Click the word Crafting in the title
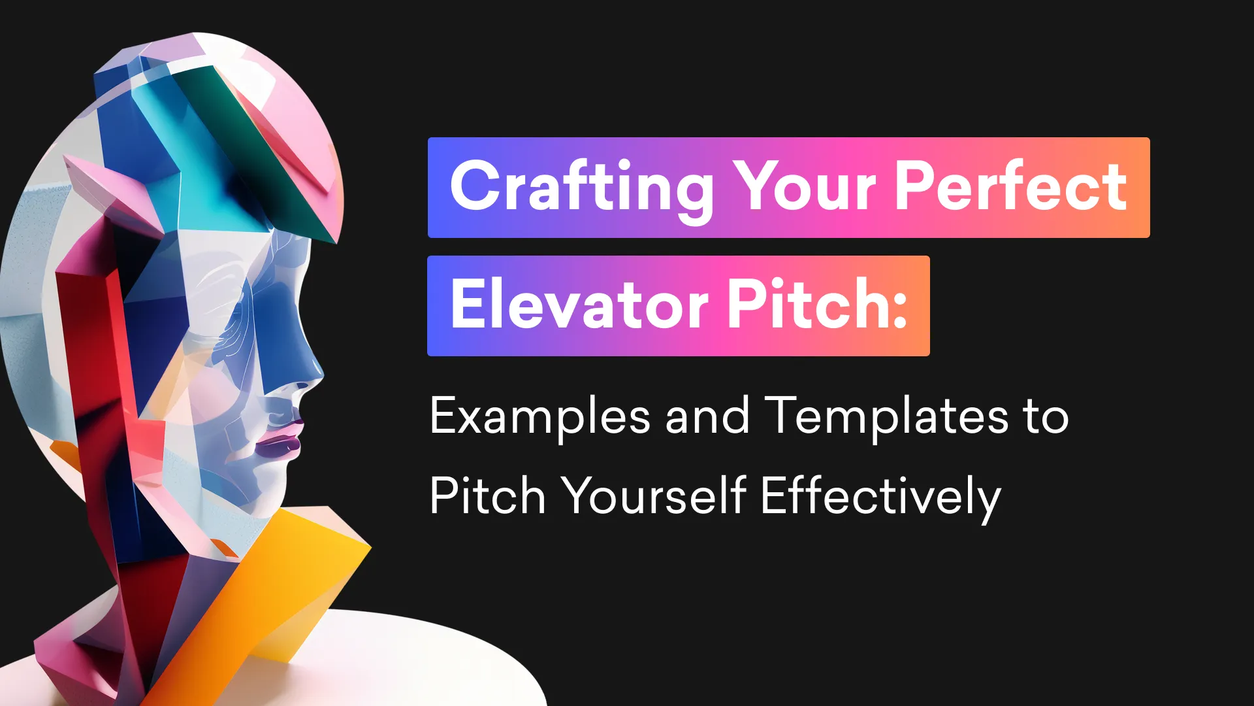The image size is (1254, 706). [581, 188]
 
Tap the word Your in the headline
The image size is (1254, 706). [805, 188]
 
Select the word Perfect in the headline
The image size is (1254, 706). [1010, 187]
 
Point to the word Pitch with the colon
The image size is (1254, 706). [816, 305]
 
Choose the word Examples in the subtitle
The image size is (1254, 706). [539, 417]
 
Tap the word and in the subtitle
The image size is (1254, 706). [707, 416]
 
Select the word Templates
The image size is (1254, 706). [887, 416]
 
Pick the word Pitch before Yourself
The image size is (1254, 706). [487, 496]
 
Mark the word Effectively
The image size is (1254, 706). [880, 497]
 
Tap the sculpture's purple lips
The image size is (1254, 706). [280, 445]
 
